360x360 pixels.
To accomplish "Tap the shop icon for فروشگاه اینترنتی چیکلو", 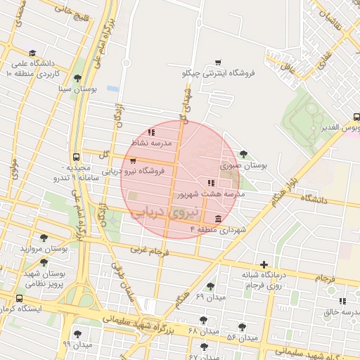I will [218, 62].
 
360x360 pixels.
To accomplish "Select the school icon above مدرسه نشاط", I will [151, 132].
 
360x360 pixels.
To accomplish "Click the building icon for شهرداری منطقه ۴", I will [218, 219].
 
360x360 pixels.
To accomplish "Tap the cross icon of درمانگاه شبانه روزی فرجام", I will [264, 265].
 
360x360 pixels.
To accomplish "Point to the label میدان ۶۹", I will [210, 297].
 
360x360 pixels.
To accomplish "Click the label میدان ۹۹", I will [77, 345].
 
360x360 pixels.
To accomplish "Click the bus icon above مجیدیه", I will [76, 157].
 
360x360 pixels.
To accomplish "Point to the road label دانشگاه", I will [314, 200].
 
